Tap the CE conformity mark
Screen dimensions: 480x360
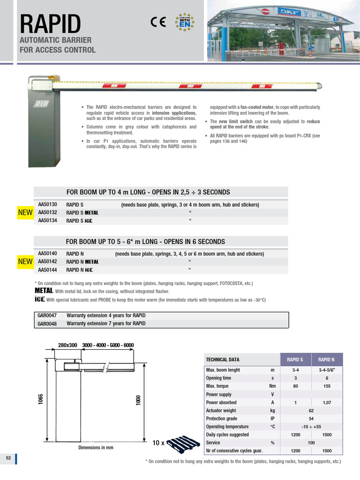click(157, 22)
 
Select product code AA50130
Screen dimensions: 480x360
click(47, 204)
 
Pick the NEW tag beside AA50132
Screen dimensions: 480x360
click(25, 213)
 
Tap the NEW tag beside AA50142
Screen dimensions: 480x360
click(25, 262)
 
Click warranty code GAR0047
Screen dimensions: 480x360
click(47, 315)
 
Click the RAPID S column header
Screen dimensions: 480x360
click(295, 360)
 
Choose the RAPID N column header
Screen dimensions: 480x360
click(327, 360)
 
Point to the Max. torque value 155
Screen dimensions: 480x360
click(327, 386)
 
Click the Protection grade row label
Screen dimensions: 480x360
click(222, 419)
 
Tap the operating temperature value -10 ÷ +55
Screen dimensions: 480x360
click(311, 427)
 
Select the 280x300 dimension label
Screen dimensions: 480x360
click(67, 345)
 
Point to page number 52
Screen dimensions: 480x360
click(8, 458)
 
